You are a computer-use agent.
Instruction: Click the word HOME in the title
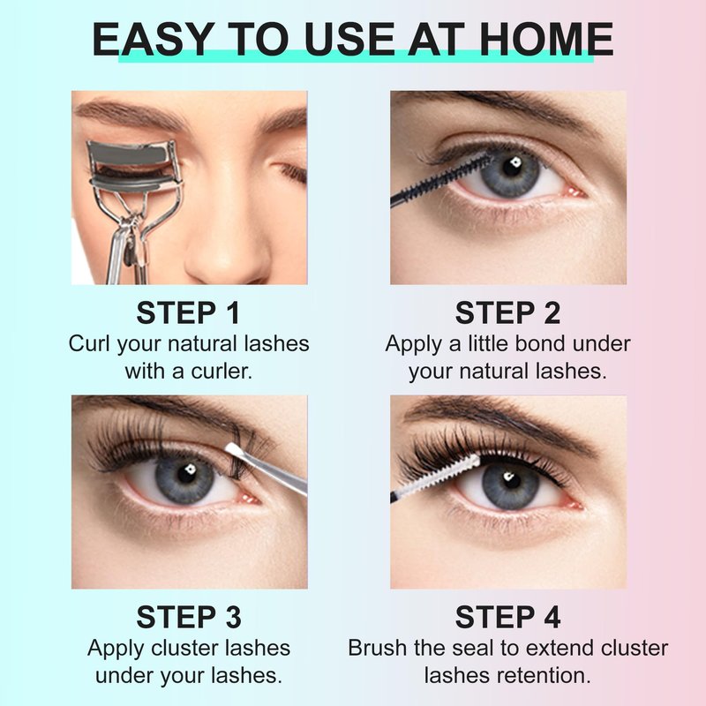(x=546, y=39)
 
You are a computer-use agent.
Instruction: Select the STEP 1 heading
(x=188, y=313)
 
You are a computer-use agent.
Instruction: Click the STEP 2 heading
(x=508, y=313)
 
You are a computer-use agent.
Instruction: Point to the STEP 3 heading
(x=189, y=617)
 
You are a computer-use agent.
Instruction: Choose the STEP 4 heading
(x=508, y=617)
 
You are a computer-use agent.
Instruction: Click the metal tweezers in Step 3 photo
(x=267, y=469)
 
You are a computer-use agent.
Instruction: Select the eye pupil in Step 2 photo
(x=511, y=168)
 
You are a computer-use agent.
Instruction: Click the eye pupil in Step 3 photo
(x=185, y=474)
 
